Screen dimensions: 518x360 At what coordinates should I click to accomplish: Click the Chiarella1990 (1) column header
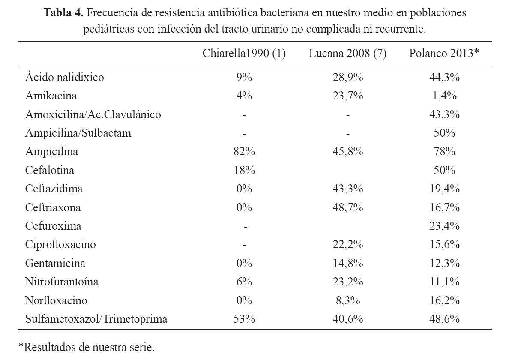(244, 53)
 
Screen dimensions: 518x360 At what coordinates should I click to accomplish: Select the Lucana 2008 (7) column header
(347, 53)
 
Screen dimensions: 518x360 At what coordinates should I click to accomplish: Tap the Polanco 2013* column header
(444, 53)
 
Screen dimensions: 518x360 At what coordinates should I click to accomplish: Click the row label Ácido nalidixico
(64, 77)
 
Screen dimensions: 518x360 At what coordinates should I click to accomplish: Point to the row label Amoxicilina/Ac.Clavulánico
(93, 114)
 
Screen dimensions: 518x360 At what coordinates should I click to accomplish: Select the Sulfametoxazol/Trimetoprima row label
(96, 319)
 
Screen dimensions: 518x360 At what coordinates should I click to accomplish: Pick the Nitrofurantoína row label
(62, 282)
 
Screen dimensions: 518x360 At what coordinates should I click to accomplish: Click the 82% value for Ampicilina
(244, 152)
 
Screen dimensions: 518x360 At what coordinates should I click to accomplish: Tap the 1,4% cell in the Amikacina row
(444, 96)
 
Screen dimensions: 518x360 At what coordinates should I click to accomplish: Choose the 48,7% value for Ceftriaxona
(347, 207)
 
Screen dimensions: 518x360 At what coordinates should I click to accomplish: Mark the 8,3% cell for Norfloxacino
(348, 300)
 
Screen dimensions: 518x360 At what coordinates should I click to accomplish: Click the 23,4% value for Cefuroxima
(444, 226)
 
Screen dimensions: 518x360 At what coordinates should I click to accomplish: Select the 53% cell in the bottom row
(244, 319)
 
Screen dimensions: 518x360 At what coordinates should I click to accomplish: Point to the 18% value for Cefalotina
(244, 170)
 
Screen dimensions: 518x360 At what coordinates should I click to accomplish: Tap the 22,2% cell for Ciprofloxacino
(347, 245)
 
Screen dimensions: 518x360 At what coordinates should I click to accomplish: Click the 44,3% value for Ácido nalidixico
(444, 77)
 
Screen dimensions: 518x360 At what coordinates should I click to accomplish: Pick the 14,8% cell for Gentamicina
(347, 263)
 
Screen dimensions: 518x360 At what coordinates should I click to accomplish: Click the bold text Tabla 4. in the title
(63, 12)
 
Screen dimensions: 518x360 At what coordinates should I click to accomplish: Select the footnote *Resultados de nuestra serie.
(86, 347)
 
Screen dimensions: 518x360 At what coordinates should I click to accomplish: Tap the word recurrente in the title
(400, 29)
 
